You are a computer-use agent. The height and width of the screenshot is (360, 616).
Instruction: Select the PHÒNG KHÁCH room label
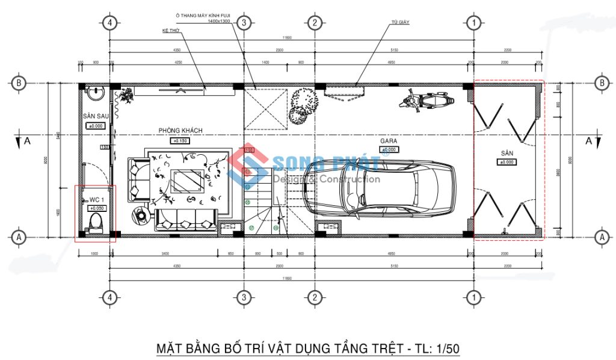180,131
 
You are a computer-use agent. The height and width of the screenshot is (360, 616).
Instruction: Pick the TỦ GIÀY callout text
400,22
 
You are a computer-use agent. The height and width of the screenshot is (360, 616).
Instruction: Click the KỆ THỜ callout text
171,29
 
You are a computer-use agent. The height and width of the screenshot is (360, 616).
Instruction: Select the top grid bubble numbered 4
109,23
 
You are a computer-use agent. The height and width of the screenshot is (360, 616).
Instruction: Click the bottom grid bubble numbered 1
474,297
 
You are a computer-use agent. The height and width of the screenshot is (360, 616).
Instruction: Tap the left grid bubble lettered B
19,83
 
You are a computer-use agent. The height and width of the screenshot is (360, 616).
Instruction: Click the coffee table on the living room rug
187,179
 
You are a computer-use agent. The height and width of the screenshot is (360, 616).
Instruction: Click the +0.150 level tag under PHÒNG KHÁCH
180,140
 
